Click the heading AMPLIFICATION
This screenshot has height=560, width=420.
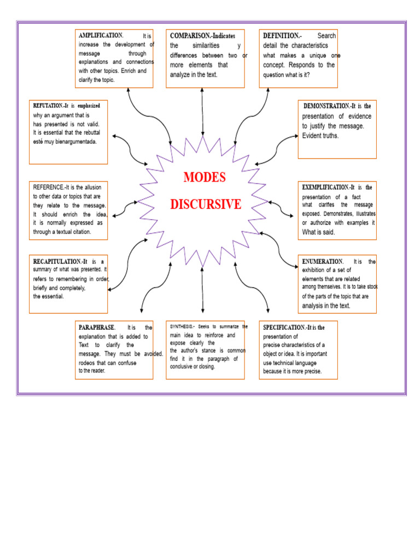[x=101, y=36]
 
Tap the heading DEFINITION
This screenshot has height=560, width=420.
[x=281, y=36]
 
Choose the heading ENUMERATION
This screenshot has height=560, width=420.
[x=322, y=261]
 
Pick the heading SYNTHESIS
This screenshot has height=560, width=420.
[x=180, y=326]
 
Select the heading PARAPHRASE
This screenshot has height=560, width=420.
[x=97, y=328]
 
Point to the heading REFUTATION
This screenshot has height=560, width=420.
[x=47, y=106]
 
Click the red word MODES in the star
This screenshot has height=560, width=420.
[x=204, y=178]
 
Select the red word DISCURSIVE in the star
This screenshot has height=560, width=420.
[x=205, y=205]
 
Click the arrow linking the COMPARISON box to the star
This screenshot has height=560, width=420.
[x=203, y=112]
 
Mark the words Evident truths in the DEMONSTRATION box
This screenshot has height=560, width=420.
[x=320, y=136]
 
